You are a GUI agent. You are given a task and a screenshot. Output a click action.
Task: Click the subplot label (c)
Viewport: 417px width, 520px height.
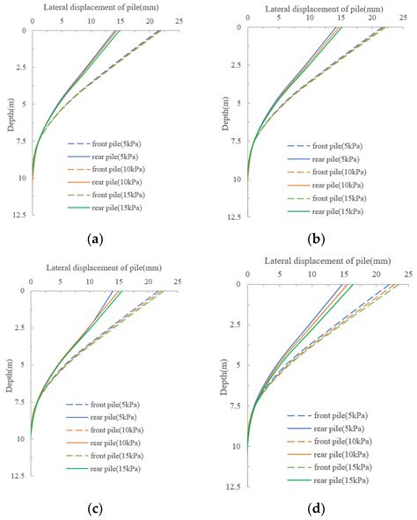[x=104, y=507]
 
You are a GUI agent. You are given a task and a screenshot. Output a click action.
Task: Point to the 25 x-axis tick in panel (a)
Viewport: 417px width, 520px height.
[x=179, y=19]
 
